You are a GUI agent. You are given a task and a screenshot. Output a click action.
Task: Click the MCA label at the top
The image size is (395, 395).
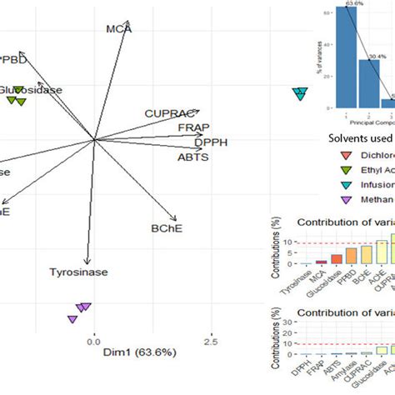tap(119, 30)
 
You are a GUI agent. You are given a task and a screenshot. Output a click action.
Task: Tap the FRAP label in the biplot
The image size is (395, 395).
tap(192, 127)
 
